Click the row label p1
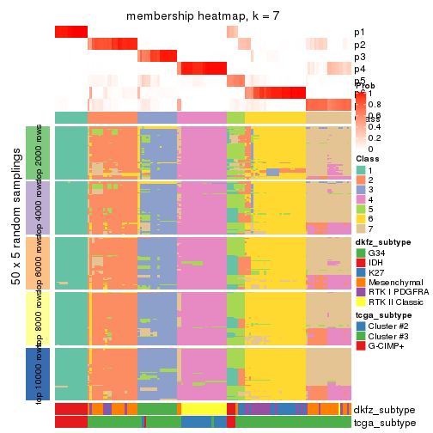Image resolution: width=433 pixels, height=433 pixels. pos(359,33)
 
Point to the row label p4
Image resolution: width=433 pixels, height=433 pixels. pos(359,69)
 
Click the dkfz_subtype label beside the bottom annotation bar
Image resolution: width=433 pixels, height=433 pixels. pos(384,410)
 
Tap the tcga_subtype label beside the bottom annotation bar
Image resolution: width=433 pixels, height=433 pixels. pos(383,423)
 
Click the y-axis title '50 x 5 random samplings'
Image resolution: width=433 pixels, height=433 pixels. pos(17,262)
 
